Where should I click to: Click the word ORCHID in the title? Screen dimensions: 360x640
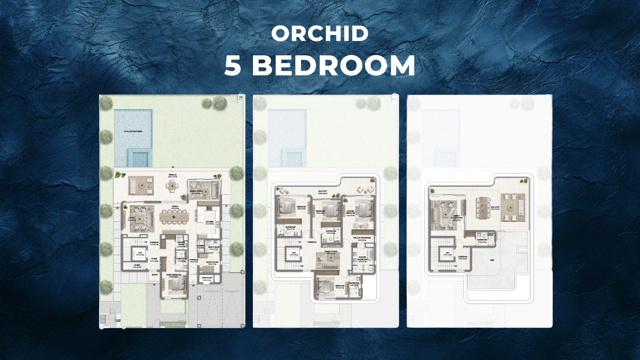pyautogui.click(x=320, y=34)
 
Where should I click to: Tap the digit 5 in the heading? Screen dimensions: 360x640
pyautogui.click(x=232, y=65)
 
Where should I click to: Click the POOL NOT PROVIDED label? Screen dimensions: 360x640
pyautogui.click(x=133, y=131)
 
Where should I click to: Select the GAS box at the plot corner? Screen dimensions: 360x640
pyautogui.click(x=241, y=97)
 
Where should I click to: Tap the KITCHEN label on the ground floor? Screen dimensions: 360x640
pyautogui.click(x=210, y=222)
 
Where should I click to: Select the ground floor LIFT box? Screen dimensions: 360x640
pyautogui.click(x=140, y=253)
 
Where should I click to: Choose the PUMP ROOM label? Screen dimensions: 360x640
pyautogui.click(x=207, y=278)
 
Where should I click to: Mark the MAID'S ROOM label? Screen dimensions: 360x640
pyautogui.click(x=212, y=263)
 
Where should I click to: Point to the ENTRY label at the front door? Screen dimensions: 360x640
pyautogui.click(x=155, y=275)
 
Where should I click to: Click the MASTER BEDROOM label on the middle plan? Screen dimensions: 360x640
pyautogui.click(x=350, y=212)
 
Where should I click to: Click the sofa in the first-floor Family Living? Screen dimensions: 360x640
pyautogui.click(x=329, y=265)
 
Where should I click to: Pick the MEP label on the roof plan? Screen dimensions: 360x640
pyautogui.click(x=492, y=260)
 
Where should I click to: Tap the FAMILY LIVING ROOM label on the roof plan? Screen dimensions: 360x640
pyautogui.click(x=456, y=217)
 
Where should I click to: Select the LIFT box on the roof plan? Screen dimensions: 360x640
pyautogui.click(x=448, y=253)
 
